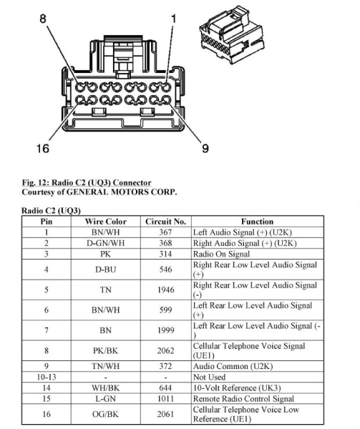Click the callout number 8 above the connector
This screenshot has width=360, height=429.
coord(43,19)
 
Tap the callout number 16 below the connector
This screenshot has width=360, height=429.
coord(43,149)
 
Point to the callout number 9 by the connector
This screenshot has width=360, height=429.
coord(205,148)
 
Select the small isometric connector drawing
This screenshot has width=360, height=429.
coord(232,34)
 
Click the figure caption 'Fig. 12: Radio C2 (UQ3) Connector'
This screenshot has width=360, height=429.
coord(87,182)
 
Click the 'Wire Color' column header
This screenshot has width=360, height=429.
coord(106,222)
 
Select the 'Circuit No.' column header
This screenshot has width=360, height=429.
coord(165,222)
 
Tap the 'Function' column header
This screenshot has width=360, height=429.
coord(258,222)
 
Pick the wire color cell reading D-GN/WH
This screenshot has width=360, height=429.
coord(106,243)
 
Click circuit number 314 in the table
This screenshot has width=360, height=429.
coord(165,254)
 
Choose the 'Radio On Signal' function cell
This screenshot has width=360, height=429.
coord(221,254)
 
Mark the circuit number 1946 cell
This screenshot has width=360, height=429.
coord(165,290)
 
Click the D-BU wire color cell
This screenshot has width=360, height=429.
coord(106,270)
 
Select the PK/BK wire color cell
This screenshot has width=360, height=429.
coord(106,350)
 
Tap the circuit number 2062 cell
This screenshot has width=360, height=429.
coord(165,350)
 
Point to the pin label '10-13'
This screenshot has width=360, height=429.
coord(47,377)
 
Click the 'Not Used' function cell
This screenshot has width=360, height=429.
coord(210,377)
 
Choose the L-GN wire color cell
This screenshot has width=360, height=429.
coord(106,399)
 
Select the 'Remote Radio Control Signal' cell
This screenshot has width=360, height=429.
coord(243,399)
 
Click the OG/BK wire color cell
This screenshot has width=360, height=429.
coord(106,414)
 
